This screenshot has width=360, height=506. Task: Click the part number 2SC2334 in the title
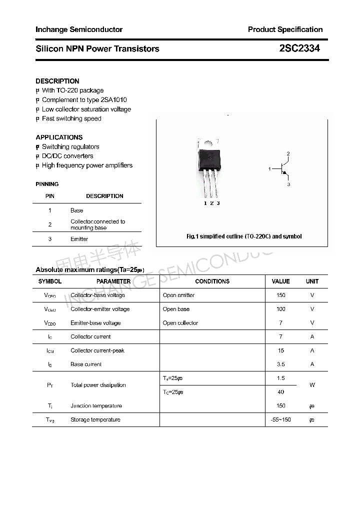click(299, 48)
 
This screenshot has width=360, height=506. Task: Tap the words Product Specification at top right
click(285, 29)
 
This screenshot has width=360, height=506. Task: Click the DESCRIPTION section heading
click(57, 81)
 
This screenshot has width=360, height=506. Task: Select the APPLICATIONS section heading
click(59, 137)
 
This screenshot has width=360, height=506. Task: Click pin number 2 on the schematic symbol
click(288, 153)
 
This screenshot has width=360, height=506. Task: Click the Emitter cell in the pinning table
click(79, 239)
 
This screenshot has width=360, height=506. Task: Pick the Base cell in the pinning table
click(76, 210)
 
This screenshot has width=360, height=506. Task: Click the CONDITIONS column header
click(212, 281)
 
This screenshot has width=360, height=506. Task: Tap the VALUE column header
click(280, 281)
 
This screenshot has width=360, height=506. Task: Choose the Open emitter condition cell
click(178, 295)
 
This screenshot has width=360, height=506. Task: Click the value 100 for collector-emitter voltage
click(280, 309)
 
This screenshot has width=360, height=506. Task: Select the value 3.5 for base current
click(280, 364)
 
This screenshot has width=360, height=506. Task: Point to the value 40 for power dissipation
click(280, 392)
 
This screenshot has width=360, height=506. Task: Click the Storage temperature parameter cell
click(95, 419)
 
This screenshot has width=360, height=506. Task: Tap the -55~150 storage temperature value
click(280, 419)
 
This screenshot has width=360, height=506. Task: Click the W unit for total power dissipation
click(312, 385)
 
